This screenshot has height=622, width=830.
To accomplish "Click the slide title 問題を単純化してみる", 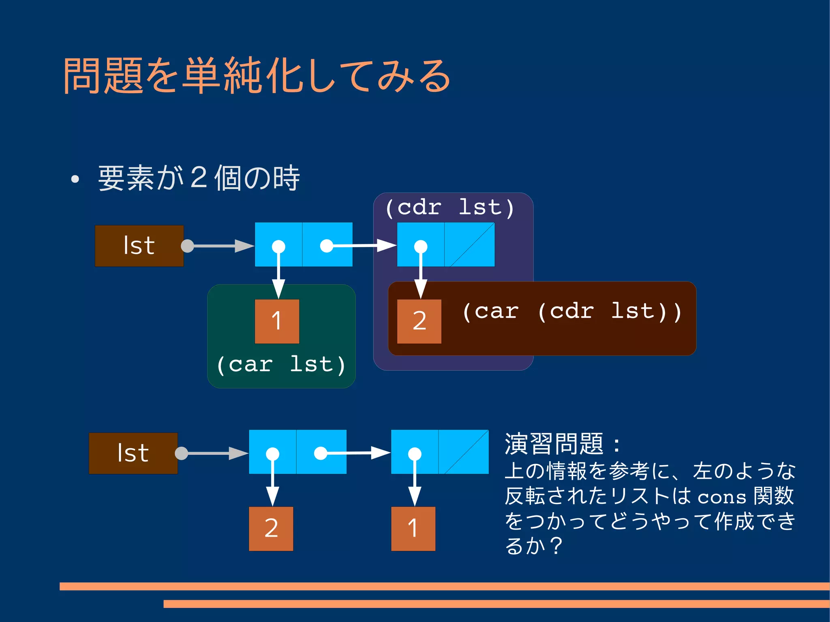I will point(257,76).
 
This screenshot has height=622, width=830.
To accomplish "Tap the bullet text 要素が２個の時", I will point(199,178).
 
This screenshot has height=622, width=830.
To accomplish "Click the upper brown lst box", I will point(139,246).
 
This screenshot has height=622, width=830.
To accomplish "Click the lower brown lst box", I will point(133,453).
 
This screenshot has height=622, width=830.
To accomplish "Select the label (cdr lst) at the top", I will point(450,207).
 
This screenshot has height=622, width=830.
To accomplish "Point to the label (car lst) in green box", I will point(281,364).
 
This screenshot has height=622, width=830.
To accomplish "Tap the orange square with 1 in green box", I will point(277,321).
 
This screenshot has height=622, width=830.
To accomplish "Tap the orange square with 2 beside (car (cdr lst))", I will point(419,321).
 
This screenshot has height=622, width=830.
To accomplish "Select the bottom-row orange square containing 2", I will point(271,528).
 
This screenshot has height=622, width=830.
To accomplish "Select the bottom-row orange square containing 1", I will point(413,528).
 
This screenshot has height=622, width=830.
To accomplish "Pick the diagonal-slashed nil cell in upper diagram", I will point(470,244).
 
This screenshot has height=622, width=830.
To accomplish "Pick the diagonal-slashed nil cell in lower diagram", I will point(464,452).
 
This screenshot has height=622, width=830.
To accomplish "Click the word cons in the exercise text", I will point(722,497).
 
